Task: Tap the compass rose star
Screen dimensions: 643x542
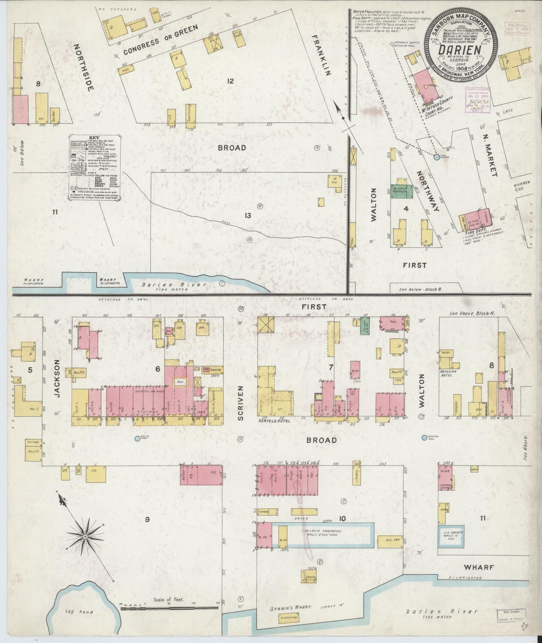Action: (x=86, y=537)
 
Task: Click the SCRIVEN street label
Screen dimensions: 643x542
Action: (x=241, y=403)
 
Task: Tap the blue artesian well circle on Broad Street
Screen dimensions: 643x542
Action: (x=424, y=437)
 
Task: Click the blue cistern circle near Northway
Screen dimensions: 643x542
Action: (x=437, y=157)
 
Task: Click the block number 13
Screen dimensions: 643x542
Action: (x=248, y=216)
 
